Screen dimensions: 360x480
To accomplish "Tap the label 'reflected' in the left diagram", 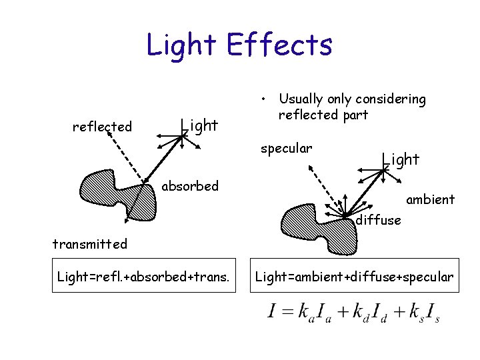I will pos(102,127).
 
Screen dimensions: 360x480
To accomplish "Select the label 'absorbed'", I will pos(190,186).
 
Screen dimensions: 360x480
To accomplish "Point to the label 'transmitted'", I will pos(89,244).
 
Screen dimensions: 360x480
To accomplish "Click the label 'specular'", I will pos(286,147).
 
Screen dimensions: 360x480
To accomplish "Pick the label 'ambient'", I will pos(430,199).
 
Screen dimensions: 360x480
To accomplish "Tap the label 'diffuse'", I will pos(378,220).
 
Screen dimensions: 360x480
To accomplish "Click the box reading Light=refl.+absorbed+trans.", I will pos(144,276).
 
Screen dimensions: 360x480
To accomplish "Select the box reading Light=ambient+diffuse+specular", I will pos(355,276).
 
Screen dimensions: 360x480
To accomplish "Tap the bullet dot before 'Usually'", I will pos(265,100).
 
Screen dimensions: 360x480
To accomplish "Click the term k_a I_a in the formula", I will pos(313,313).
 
